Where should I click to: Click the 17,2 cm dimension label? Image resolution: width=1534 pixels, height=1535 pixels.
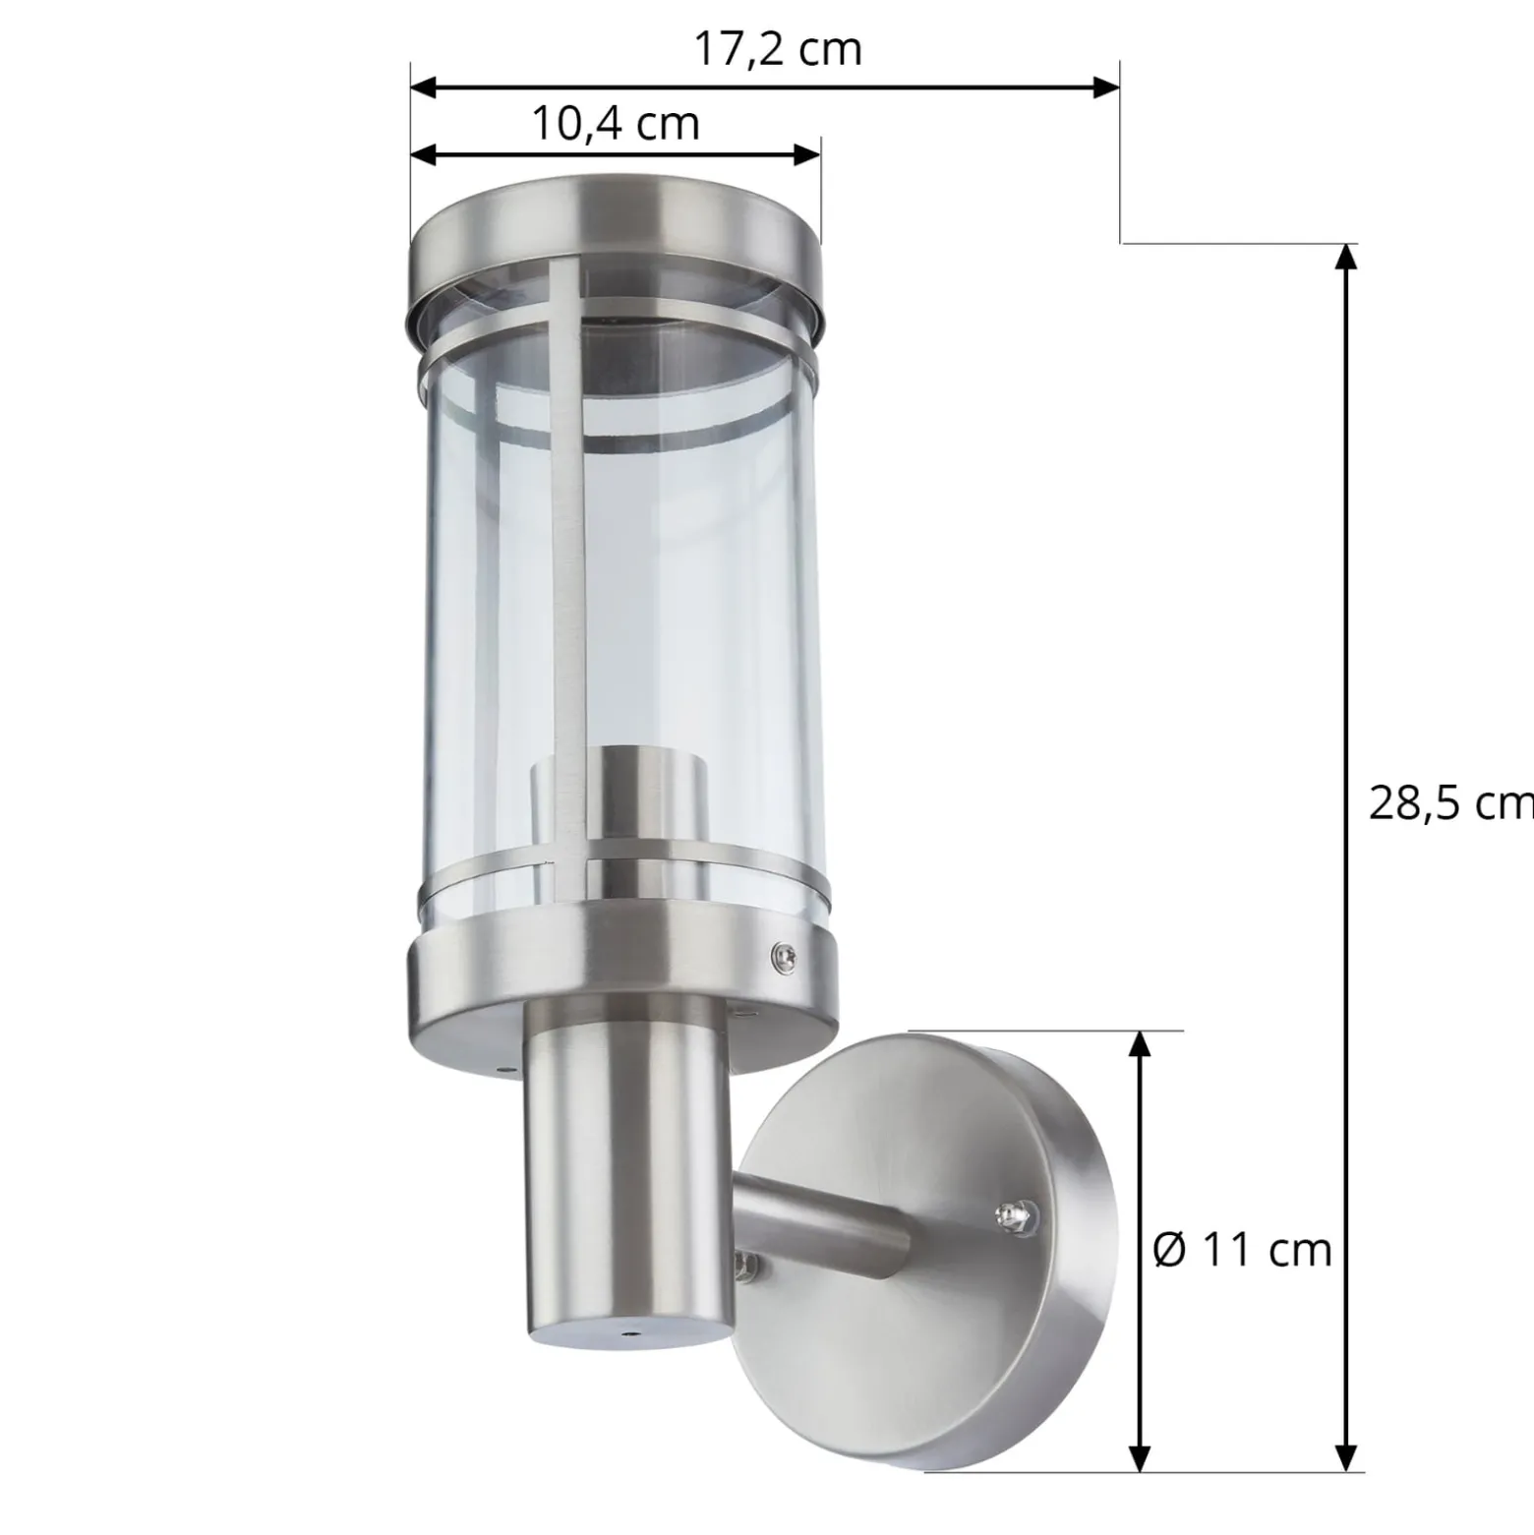(778, 49)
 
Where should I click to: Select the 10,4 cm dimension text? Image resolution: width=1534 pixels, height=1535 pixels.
(616, 124)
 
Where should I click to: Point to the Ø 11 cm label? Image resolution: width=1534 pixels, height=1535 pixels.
(1242, 1250)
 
